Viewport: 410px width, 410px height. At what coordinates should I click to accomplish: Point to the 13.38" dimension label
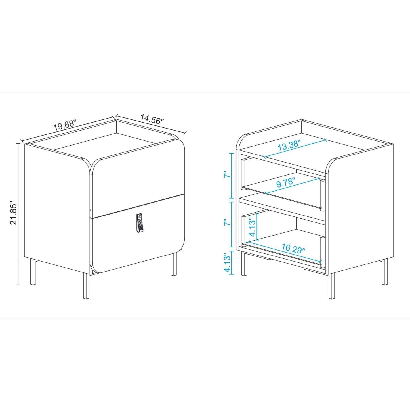pyautogui.click(x=289, y=146)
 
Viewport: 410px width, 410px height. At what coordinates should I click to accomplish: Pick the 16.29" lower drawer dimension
pyautogui.click(x=293, y=248)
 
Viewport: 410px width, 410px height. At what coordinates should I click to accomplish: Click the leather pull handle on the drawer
pyautogui.click(x=139, y=223)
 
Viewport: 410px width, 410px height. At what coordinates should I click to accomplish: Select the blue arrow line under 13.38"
pyautogui.click(x=295, y=148)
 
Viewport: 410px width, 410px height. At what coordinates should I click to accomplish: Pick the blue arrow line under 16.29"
pyautogui.click(x=284, y=252)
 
